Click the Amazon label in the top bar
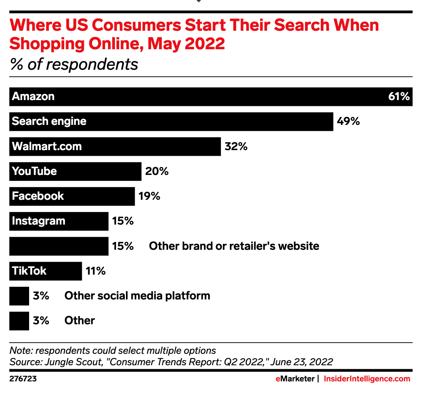click(33, 97)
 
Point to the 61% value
click(399, 97)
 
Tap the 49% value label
click(348, 121)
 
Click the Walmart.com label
click(47, 146)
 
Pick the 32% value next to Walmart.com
click(236, 146)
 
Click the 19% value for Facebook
click(149, 196)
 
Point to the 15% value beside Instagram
click(122, 221)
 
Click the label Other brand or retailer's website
click(234, 246)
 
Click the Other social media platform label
click(137, 296)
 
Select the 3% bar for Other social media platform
click(19, 296)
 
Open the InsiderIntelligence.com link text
click(367, 379)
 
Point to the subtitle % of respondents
click(74, 65)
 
